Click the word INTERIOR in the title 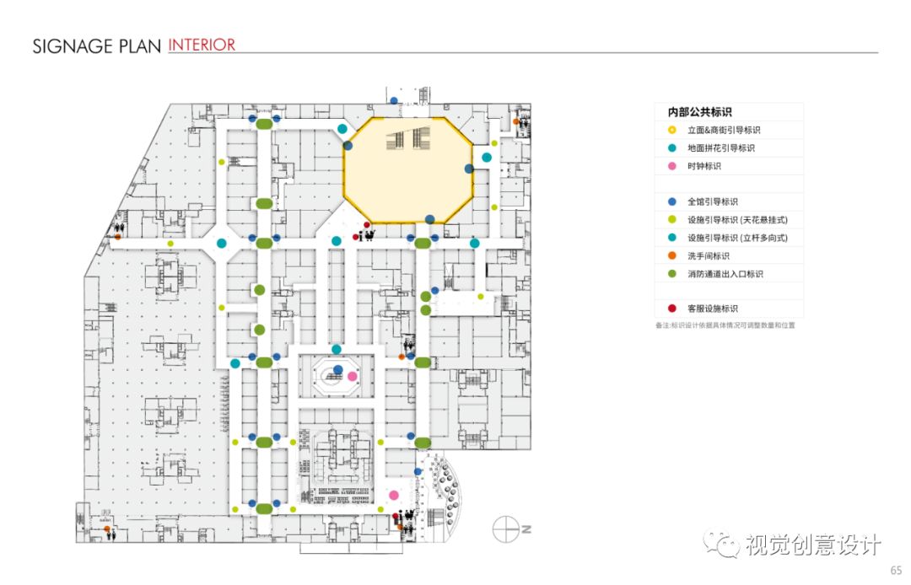pyautogui.click(x=202, y=45)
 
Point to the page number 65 pyautogui.click(x=895, y=570)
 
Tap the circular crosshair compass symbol pyautogui.click(x=504, y=529)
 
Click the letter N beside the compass pyautogui.click(x=525, y=529)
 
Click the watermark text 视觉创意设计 pyautogui.click(x=812, y=545)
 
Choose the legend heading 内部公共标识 pyautogui.click(x=699, y=112)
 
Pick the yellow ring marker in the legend pyautogui.click(x=671, y=131)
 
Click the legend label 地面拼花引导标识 pyautogui.click(x=720, y=148)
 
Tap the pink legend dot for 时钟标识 pyautogui.click(x=671, y=166)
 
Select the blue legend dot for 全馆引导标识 pyautogui.click(x=671, y=202)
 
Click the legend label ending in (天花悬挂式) pyautogui.click(x=737, y=220)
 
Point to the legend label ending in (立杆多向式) pyautogui.click(x=737, y=238)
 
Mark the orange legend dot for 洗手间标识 pyautogui.click(x=671, y=256)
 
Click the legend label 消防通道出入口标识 pyautogui.click(x=725, y=274)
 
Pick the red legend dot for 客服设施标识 pyautogui.click(x=671, y=309)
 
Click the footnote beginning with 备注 pyautogui.click(x=725, y=325)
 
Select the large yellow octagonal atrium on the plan pyautogui.click(x=408, y=169)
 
